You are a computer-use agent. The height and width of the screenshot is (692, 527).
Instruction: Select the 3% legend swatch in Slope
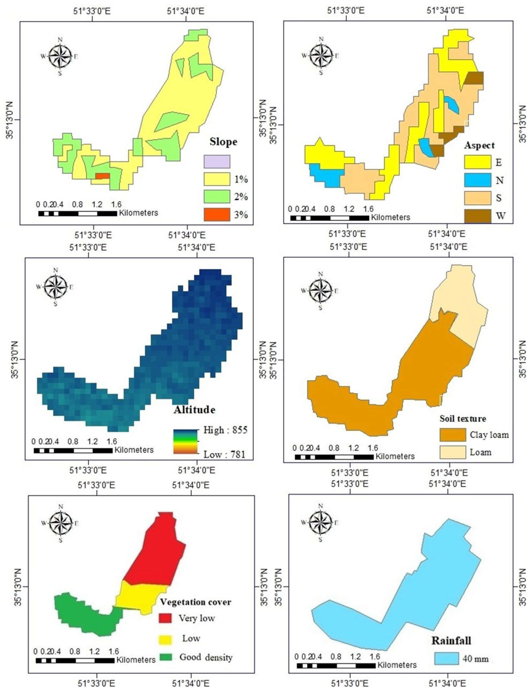pyautogui.click(x=217, y=214)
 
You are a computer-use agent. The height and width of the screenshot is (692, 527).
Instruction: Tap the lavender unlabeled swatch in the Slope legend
pyautogui.click(x=217, y=161)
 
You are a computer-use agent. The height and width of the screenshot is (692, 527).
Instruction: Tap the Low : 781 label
pyautogui.click(x=224, y=454)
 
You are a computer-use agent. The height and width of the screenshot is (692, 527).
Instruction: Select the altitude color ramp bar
pyautogui.click(x=185, y=442)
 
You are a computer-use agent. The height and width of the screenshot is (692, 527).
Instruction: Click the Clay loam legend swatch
pyautogui.click(x=453, y=435)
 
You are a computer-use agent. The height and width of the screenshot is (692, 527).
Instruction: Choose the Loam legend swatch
pyautogui.click(x=453, y=452)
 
